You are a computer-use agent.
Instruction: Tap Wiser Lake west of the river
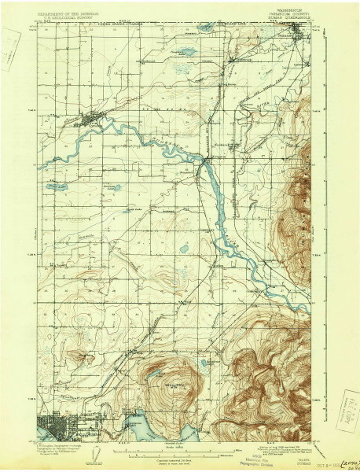[x=57, y=188]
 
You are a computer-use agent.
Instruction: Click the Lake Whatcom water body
[x=145, y=427]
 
